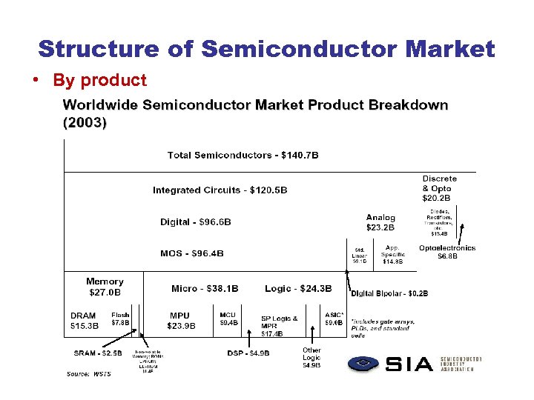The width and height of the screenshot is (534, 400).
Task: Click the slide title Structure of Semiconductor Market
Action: tap(266, 49)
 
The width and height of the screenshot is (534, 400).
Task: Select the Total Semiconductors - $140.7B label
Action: tap(243, 156)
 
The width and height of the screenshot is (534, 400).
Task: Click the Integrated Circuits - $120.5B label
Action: tap(220, 190)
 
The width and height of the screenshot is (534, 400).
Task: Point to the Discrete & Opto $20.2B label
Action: tap(440, 188)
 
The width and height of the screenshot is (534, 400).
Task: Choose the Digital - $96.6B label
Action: tap(196, 221)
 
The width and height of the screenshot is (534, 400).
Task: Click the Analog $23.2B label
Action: tap(380, 223)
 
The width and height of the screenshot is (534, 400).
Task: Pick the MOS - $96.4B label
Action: tap(192, 253)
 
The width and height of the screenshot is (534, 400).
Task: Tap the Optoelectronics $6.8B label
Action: tap(447, 252)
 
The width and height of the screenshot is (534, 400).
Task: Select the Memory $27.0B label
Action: tap(105, 286)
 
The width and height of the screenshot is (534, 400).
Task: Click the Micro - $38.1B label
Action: tap(205, 288)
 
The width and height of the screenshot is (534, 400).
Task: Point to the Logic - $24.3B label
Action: tap(298, 288)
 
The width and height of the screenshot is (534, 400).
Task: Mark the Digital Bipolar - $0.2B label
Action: tap(389, 293)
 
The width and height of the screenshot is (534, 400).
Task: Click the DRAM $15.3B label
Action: tap(83, 320)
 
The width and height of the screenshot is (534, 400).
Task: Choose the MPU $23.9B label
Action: tap(182, 320)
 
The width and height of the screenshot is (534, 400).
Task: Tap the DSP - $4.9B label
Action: tap(248, 353)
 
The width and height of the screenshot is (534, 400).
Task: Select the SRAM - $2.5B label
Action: tap(97, 353)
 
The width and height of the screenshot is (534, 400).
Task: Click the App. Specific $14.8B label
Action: tap(393, 254)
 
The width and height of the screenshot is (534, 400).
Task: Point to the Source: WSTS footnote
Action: tap(89, 373)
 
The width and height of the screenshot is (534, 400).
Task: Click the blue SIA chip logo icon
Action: tap(364, 364)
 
